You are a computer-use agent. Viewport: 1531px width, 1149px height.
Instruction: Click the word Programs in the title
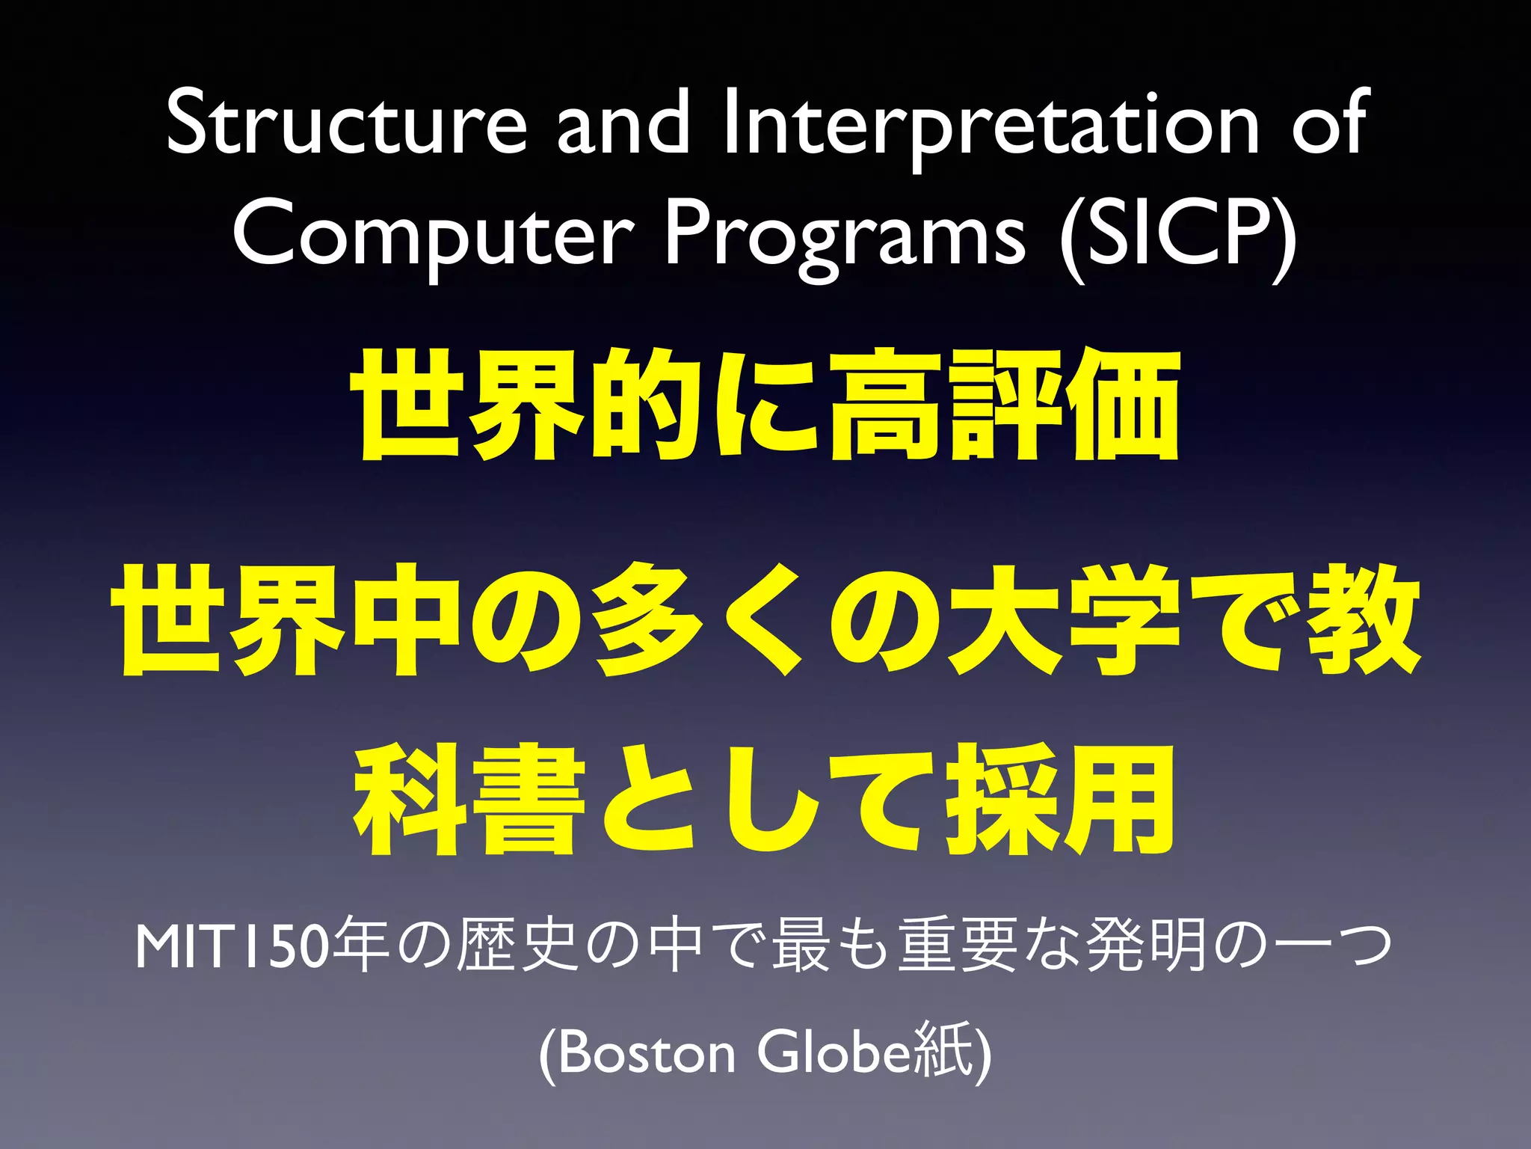click(x=845, y=236)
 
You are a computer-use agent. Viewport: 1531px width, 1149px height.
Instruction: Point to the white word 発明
click(x=1148, y=946)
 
